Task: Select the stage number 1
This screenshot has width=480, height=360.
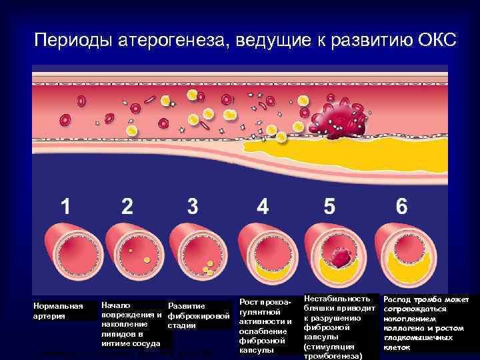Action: pos(65,206)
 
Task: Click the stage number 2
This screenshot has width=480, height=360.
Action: pos(127,206)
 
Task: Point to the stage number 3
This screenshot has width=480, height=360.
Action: pos(193,206)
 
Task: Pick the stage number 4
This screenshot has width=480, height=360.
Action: pos(263,206)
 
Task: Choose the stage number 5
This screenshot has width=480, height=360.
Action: pos(329,206)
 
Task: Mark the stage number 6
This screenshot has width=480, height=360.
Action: pos(401,206)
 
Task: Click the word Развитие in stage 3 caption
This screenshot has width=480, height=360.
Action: pos(187,306)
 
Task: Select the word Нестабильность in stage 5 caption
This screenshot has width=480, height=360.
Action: pos(336,299)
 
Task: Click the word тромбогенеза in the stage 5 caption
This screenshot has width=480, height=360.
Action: pos(333,356)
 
